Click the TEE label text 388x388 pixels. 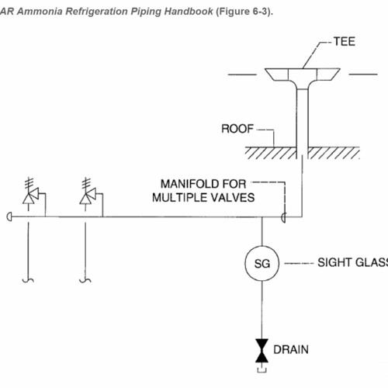(345, 41)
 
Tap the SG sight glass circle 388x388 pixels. (261, 264)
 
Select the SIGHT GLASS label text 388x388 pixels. (352, 263)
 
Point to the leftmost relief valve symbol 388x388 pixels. (30, 198)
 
